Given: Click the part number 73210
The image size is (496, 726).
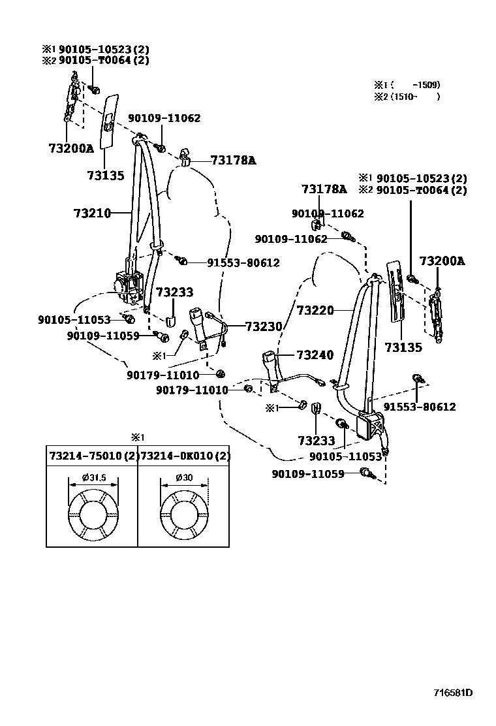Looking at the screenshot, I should point(92,213).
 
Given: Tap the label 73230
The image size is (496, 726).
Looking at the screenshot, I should point(264,326).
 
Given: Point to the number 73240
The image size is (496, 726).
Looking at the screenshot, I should point(315,355).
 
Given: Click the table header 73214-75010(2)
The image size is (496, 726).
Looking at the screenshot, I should point(92,456).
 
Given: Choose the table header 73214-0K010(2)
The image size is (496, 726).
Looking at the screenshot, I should point(185,456).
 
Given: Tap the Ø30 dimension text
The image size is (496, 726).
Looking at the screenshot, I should point(184,478).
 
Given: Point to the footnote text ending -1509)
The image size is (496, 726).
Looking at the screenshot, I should point(407,85).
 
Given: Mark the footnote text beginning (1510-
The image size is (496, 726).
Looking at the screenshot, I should point(407,97).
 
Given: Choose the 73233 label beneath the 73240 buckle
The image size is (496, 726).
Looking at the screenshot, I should point(316,441).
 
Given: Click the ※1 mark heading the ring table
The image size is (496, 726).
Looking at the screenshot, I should point(137,437).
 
